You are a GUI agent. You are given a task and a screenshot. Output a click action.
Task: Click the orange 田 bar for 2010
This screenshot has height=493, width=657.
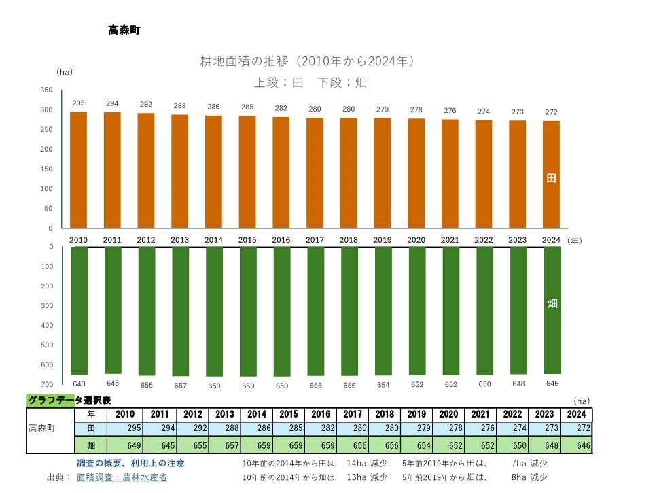tap(79, 170)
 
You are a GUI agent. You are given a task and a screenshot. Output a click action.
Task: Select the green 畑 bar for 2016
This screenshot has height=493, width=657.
tap(281, 311)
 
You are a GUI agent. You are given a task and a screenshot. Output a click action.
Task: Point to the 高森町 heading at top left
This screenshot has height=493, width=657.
tap(124, 30)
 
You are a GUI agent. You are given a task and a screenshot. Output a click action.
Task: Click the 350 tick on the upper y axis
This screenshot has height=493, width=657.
tap(46, 90)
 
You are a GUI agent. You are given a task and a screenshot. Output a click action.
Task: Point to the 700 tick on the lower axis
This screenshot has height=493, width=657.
tap(46, 385)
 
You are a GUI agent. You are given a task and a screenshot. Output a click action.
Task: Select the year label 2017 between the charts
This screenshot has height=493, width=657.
tap(315, 240)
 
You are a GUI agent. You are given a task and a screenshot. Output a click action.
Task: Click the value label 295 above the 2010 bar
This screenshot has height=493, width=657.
tap(79, 103)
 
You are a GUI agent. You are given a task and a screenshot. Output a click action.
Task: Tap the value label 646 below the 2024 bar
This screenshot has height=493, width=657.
tap(552, 384)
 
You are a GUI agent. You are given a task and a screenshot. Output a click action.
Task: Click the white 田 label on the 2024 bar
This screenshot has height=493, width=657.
tap(552, 178)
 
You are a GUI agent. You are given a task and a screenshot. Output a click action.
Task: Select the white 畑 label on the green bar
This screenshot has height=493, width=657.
tap(552, 303)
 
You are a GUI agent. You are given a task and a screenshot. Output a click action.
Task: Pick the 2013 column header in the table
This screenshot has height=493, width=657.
tap(225, 414)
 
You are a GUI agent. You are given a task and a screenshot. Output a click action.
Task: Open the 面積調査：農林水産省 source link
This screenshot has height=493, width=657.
tap(122, 477)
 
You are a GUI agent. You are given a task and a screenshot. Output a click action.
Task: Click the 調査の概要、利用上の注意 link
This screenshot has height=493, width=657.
tap(130, 463)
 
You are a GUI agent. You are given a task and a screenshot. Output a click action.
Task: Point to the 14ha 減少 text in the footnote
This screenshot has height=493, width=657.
tap(367, 463)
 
